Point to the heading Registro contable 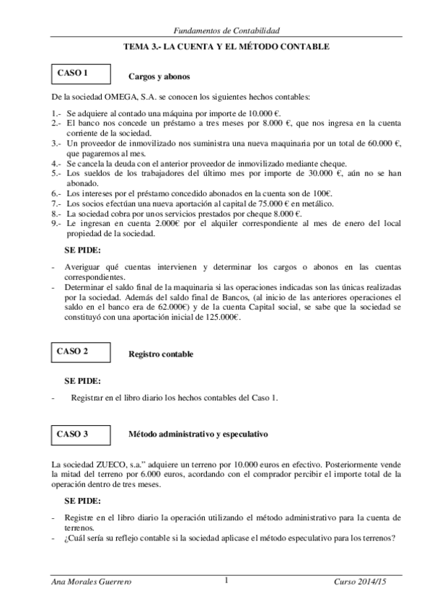coord(160,354)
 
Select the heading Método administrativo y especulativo coord(198,435)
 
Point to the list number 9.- coord(56,224)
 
